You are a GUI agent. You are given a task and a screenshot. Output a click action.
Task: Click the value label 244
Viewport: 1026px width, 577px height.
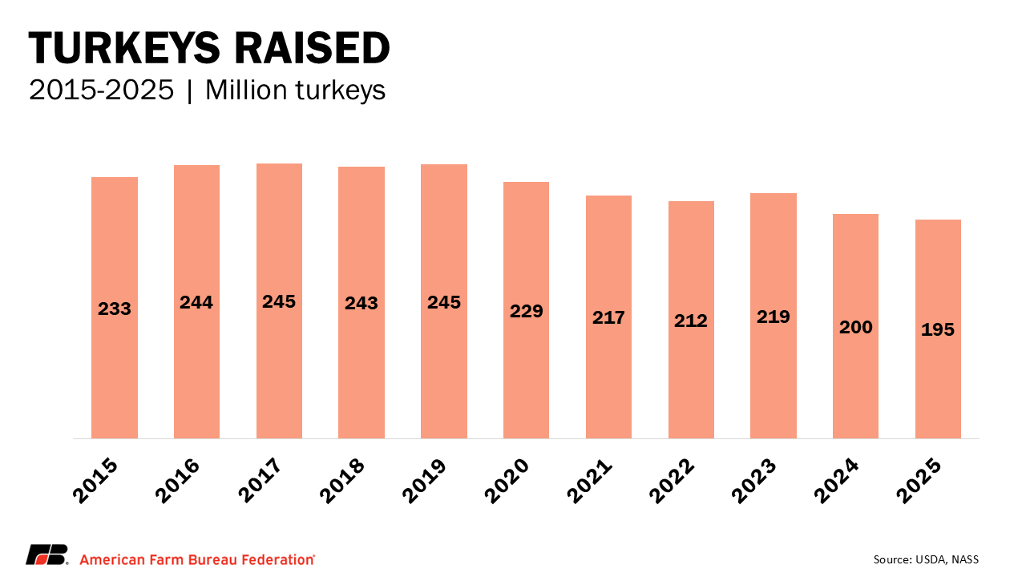tap(196, 303)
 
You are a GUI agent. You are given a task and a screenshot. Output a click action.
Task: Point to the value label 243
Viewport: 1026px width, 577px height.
tap(362, 304)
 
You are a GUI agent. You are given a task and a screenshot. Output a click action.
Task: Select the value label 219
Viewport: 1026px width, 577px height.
tap(774, 317)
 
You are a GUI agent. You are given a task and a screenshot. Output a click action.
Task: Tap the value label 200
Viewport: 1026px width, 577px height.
tap(856, 327)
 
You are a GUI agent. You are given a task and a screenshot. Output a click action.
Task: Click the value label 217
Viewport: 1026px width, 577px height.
tap(608, 317)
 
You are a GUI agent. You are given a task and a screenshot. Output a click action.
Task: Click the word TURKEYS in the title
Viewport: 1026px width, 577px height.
tap(123, 50)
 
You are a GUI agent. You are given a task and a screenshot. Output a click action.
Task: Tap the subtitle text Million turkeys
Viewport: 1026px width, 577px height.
tap(296, 91)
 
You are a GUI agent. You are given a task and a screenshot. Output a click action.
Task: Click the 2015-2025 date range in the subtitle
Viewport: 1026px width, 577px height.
tap(101, 91)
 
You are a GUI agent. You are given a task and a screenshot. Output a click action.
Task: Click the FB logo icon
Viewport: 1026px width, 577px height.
tap(47, 555)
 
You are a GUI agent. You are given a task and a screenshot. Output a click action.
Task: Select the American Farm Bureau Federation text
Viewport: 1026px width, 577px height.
tap(197, 559)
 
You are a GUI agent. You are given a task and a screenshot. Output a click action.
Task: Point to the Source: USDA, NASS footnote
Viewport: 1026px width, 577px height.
tap(926, 559)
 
